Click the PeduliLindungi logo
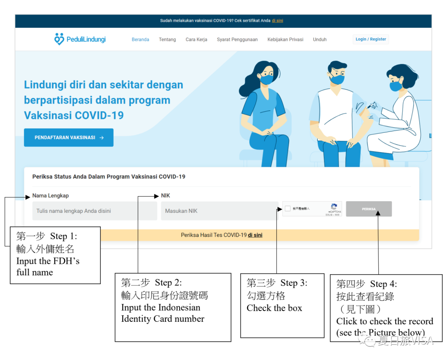click(x=80, y=39)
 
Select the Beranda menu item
click(x=140, y=40)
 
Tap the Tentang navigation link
click(x=167, y=40)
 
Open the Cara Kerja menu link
click(x=196, y=40)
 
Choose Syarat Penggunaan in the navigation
click(x=237, y=40)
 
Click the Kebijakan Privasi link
click(x=285, y=40)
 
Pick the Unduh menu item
click(x=320, y=40)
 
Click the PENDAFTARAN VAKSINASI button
click(x=68, y=138)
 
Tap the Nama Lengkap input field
click(x=95, y=211)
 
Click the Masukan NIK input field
click(x=219, y=211)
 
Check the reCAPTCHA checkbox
click(x=288, y=209)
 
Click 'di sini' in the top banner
click(x=278, y=21)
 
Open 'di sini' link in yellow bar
click(x=255, y=235)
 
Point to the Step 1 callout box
click(x=55, y=255)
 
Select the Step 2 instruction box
click(x=173, y=307)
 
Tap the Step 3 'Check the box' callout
click(x=282, y=305)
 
